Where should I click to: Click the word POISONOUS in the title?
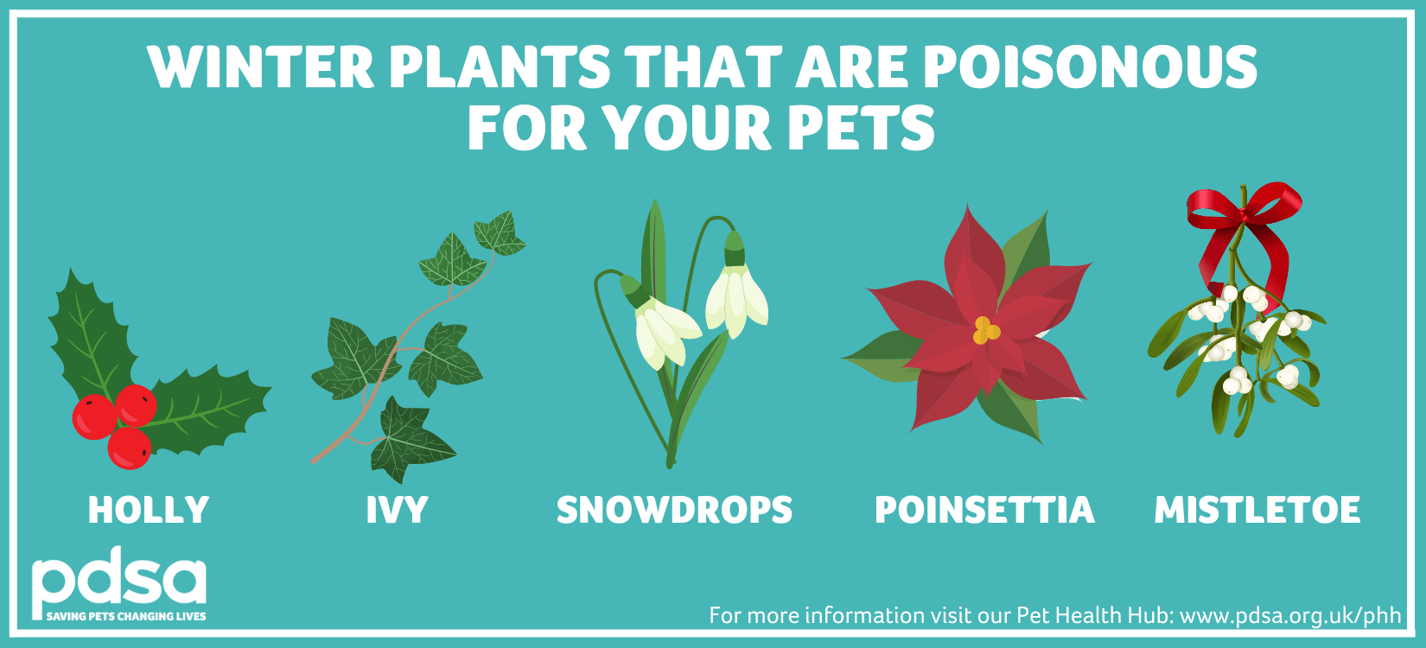[1090, 67]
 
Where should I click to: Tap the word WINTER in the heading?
[260, 67]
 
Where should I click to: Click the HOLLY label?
[149, 510]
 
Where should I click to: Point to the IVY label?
[397, 510]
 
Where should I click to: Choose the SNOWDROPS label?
[674, 510]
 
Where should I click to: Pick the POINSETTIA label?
[984, 510]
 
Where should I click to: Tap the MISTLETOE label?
[1257, 510]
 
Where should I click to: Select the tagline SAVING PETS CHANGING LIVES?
[126, 616]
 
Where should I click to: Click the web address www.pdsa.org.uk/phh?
[1290, 615]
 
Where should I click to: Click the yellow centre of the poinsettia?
[985, 330]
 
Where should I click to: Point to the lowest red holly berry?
[130, 448]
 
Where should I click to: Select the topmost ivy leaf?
[500, 234]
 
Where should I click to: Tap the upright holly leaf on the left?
[91, 337]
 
